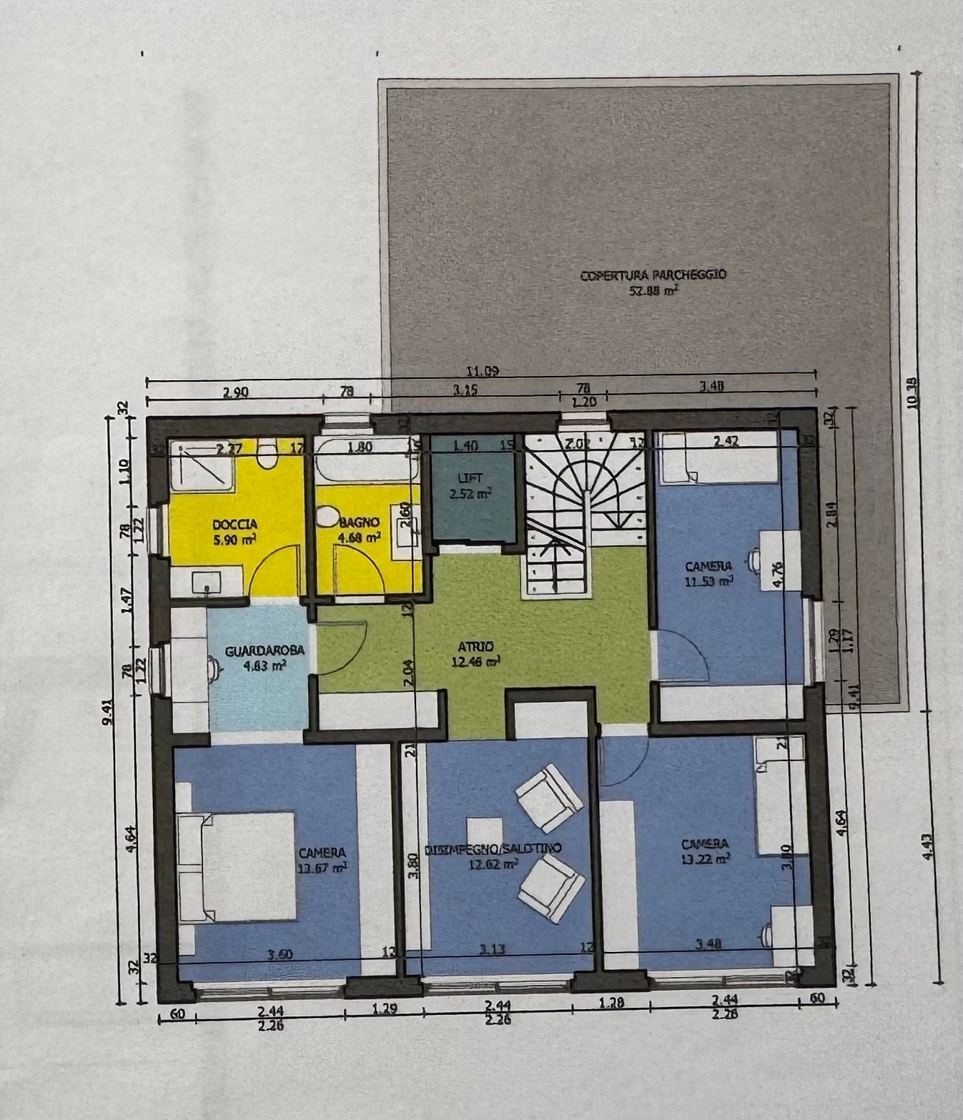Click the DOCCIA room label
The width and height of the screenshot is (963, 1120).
coord(234,525)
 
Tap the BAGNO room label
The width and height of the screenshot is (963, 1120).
coord(359,522)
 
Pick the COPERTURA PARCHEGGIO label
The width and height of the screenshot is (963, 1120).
coord(653,274)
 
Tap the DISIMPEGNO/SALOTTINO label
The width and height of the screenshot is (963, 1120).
coord(493,849)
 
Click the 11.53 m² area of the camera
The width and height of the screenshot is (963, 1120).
coord(708,582)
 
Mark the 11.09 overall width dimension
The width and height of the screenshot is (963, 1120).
coord(482,371)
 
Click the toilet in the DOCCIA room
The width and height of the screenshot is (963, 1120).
coord(268,455)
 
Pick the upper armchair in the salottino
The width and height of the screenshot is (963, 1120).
coord(548,797)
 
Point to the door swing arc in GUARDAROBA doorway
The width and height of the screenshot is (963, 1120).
coord(343,646)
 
